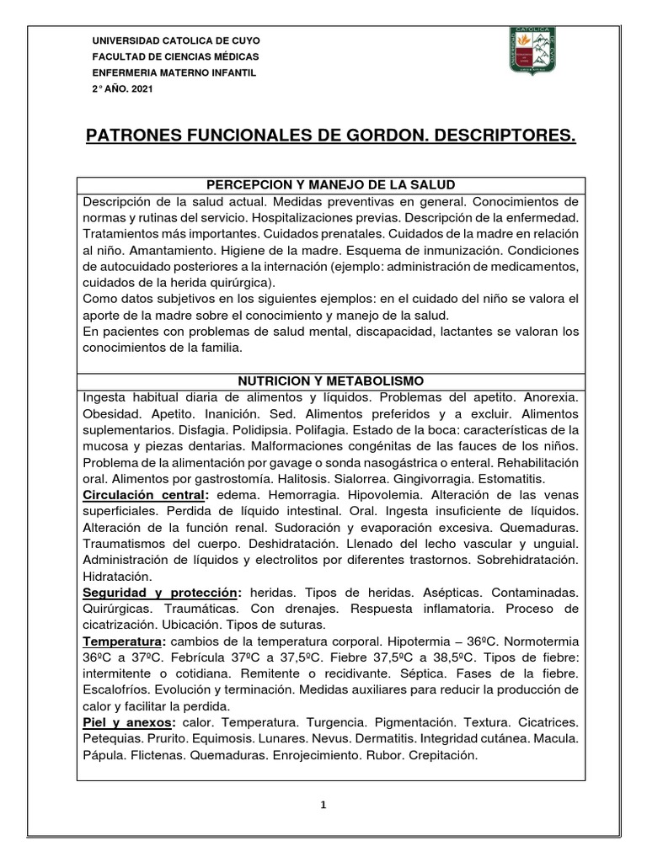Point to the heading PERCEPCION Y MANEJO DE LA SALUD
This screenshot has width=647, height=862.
point(332,185)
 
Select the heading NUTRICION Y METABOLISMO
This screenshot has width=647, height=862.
point(332,380)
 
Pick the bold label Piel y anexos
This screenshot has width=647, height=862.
point(129,723)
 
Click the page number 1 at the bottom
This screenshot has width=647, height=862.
point(324,805)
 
